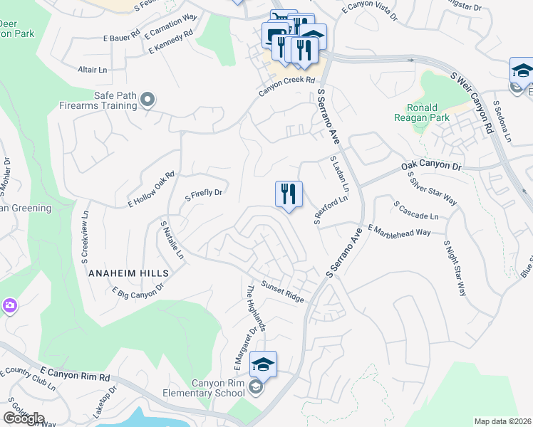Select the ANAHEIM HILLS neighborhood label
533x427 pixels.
[x=129, y=273]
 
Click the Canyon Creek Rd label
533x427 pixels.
[x=286, y=81]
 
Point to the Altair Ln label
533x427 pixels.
[x=92, y=70]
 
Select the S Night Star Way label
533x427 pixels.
[x=454, y=267]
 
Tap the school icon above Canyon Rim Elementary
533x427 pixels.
[x=263, y=364]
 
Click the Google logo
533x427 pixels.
[x=24, y=418]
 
